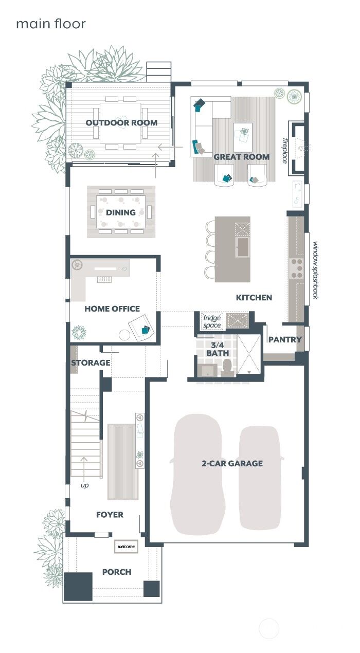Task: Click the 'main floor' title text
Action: point(50,24)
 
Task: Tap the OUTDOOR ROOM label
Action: point(121,123)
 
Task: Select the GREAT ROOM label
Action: point(241,157)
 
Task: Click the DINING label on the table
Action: point(121,212)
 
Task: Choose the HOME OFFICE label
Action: point(112,309)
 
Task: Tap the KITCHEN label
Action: point(254,297)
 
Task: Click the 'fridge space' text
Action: point(212,322)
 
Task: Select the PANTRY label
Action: point(285,339)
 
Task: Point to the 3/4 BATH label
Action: point(218,349)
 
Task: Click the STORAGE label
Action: point(91,362)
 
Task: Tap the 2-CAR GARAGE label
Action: point(232,463)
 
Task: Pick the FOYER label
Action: point(110,515)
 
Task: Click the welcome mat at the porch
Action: point(127,546)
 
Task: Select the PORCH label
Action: point(117,572)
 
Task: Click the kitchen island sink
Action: point(242,247)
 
